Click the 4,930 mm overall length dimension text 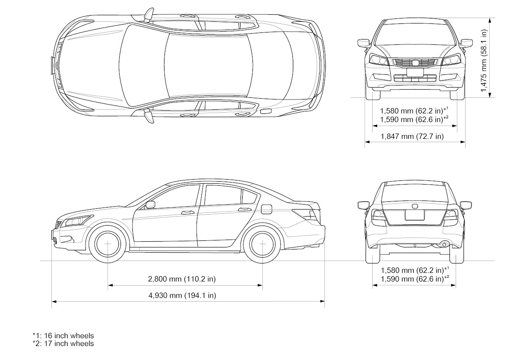click(x=182, y=295)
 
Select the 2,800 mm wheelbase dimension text click(x=182, y=279)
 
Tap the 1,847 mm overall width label click(x=412, y=136)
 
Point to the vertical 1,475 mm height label click(x=484, y=57)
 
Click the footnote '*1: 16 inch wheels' click(x=63, y=336)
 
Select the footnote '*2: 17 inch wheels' click(x=63, y=343)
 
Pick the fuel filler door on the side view click(x=266, y=209)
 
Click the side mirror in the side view click(x=150, y=204)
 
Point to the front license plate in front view click(x=415, y=72)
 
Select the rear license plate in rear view click(x=414, y=215)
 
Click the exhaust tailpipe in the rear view click(x=444, y=245)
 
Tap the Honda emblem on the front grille click(x=415, y=63)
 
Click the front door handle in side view click(x=188, y=212)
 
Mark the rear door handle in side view click(x=244, y=210)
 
